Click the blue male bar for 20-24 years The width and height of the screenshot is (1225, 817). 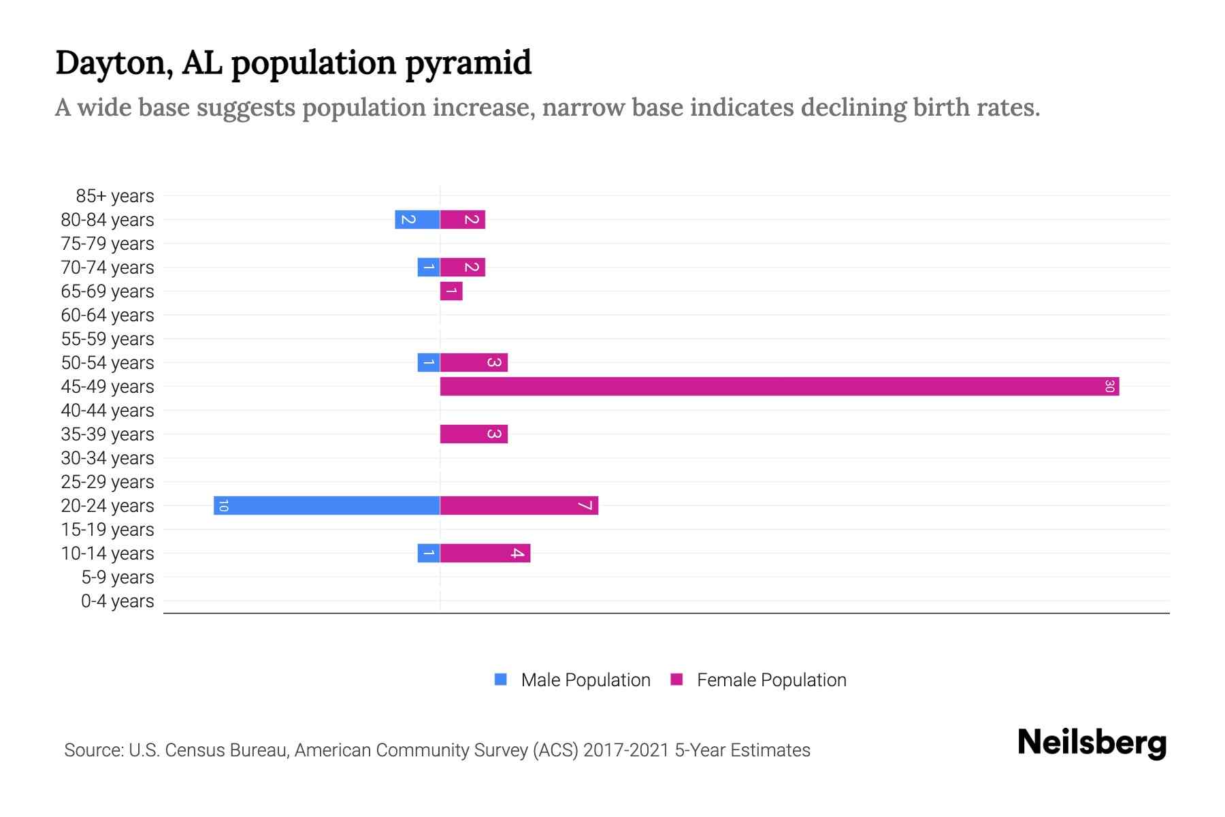pos(327,505)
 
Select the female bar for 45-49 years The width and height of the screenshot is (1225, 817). pos(779,386)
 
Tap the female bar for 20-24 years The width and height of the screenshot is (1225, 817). pos(519,505)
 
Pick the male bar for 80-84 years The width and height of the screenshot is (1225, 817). pos(417,219)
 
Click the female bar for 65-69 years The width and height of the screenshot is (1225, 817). pos(451,291)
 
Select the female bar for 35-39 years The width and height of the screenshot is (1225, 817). pos(474,434)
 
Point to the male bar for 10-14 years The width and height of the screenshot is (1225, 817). pos(429,553)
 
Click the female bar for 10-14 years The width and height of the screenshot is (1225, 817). pos(485,553)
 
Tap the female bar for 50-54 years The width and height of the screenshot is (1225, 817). pos(474,362)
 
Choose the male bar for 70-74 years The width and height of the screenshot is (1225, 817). pos(429,267)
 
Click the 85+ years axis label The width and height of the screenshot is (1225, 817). pos(115,196)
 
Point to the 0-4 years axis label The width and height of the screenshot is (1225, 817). pos(118,601)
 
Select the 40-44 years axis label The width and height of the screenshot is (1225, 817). pos(108,411)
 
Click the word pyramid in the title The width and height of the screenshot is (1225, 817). pos(468,63)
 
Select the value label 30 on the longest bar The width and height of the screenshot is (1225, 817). pos(1109,386)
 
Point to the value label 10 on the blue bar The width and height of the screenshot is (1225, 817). pos(223,505)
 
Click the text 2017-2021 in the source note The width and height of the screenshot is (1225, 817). pos(626,750)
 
